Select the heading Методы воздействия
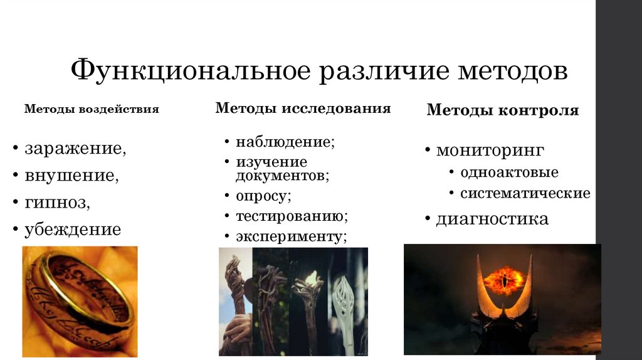(x=92, y=109)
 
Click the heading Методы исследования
(x=303, y=109)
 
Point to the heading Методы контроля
(x=502, y=111)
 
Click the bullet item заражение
(x=75, y=149)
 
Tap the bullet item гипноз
(x=58, y=203)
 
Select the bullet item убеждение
(x=73, y=230)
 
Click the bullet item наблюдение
(x=285, y=142)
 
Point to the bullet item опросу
(x=263, y=196)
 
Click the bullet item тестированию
(x=292, y=216)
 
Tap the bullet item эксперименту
(x=291, y=236)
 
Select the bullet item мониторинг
(x=490, y=151)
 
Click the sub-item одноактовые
(x=509, y=172)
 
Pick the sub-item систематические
(x=525, y=193)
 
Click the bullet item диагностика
(x=492, y=219)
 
